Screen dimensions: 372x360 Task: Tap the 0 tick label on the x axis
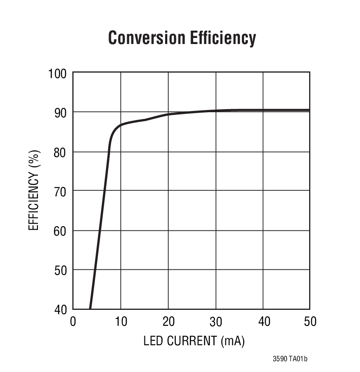coord(73,322)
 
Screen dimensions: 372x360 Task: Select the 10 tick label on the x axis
coord(120,322)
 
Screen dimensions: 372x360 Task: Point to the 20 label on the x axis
coord(168,322)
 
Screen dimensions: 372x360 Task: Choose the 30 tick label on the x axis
coord(216,322)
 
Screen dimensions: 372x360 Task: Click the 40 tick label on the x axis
coord(263,322)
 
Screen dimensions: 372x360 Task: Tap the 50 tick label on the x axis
coord(310,322)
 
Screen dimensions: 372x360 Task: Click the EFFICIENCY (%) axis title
coord(34,190)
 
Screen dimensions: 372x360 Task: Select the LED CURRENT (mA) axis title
coord(194,341)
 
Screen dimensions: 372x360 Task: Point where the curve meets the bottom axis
coord(90,308)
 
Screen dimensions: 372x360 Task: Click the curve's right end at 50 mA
coord(309,110)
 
